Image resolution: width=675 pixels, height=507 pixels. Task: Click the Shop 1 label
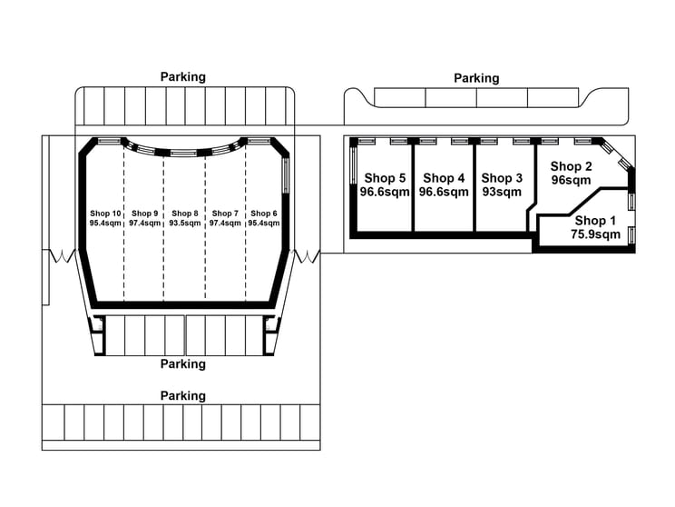tap(595, 221)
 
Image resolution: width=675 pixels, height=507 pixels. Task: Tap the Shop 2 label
tap(571, 166)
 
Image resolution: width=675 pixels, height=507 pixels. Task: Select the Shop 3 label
tap(502, 178)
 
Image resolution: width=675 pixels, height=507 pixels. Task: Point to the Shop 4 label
tap(444, 178)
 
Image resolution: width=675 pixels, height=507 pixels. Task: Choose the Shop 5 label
tap(385, 178)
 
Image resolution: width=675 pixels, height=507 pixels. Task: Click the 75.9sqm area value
tap(596, 234)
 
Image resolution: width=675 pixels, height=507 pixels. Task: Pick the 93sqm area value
tap(502, 192)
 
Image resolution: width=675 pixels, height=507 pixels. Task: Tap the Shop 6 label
tap(264, 214)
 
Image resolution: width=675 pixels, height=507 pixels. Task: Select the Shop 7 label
tap(225, 214)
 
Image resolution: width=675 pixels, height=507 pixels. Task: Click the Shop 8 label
tap(185, 214)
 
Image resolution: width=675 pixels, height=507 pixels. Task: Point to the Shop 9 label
tap(144, 214)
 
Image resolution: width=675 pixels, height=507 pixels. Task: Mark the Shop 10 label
tap(105, 214)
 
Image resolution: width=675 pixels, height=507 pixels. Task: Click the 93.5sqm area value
tap(185, 224)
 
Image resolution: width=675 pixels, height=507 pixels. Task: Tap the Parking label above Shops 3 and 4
tap(476, 78)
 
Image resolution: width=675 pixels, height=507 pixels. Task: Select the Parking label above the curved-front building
tap(183, 77)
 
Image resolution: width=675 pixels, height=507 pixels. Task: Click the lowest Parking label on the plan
tap(183, 396)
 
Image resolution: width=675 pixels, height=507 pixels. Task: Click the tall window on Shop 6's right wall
tap(286, 175)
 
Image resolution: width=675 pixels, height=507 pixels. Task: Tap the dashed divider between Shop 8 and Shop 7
tap(205, 228)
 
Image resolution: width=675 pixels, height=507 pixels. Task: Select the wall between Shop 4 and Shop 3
tap(474, 187)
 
